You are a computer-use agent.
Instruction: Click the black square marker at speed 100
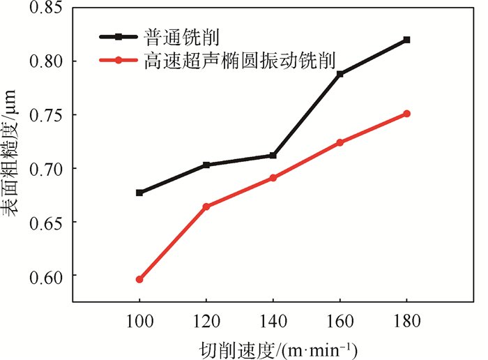pyautogui.click(x=139, y=193)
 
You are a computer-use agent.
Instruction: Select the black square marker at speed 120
pyautogui.click(x=206, y=165)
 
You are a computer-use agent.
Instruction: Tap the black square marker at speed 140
pyautogui.click(x=273, y=156)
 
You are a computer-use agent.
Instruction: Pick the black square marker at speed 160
pyautogui.click(x=340, y=74)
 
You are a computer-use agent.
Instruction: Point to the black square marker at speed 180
pyautogui.click(x=407, y=40)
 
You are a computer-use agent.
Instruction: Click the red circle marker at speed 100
pyautogui.click(x=139, y=279)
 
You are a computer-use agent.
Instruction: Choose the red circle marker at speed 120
pyautogui.click(x=206, y=207)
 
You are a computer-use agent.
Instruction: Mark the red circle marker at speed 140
pyautogui.click(x=273, y=178)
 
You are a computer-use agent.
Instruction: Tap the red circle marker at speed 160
pyautogui.click(x=340, y=142)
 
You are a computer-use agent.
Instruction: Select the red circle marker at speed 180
pyautogui.click(x=407, y=114)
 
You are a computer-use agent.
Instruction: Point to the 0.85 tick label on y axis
pyautogui.click(x=47, y=8)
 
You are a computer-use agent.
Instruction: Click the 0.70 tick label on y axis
pyautogui.click(x=47, y=169)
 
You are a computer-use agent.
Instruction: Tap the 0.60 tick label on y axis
pyautogui.click(x=47, y=276)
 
